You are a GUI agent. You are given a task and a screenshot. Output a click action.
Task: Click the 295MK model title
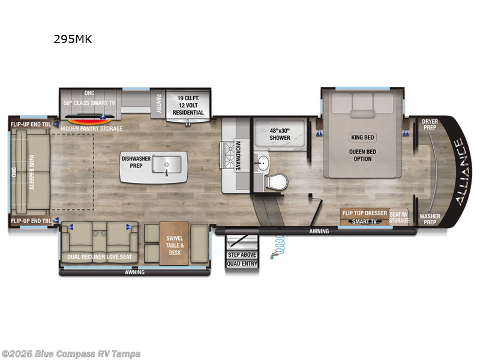tap(74, 40)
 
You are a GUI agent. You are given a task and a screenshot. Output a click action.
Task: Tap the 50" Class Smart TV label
tap(89, 103)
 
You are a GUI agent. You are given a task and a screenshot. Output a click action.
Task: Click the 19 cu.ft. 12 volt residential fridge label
tap(188, 105)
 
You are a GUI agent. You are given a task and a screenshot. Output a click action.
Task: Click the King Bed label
tap(362, 137)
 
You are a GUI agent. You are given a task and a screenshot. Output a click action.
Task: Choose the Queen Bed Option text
tap(362, 155)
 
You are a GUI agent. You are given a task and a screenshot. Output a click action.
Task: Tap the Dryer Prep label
tap(430, 124)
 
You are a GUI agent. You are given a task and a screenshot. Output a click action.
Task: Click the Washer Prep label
tap(430, 219)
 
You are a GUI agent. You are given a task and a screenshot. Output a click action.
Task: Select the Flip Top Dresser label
tap(364, 214)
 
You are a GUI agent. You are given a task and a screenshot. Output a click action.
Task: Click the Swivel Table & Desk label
tap(175, 246)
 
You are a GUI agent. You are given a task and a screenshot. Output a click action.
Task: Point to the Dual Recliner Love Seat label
tap(100, 257)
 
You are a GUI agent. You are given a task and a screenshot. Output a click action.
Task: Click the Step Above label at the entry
tap(242, 255)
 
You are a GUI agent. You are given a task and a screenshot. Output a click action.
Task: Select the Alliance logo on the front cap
tap(459, 172)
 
